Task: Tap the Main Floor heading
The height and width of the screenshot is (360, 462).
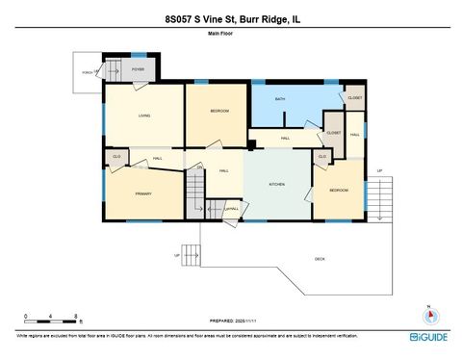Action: coord(220,34)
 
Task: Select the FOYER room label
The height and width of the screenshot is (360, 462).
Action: coord(138,69)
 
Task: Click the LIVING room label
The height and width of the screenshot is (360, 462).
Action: coord(144,116)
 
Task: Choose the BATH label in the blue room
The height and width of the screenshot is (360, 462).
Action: coord(280,99)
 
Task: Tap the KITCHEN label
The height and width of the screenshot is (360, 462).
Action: coord(277,184)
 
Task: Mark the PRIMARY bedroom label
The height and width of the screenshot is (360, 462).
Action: coord(142,193)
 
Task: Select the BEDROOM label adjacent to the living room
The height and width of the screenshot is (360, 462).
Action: coord(219,112)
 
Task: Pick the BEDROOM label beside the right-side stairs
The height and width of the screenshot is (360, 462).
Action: coord(339,190)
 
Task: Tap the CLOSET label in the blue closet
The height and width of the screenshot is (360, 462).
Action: coord(354,98)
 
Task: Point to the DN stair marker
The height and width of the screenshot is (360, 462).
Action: coord(200,167)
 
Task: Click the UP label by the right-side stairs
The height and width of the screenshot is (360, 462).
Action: coord(379,170)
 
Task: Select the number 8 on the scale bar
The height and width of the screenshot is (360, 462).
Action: coord(75,315)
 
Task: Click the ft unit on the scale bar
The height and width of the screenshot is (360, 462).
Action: coord(82,321)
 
